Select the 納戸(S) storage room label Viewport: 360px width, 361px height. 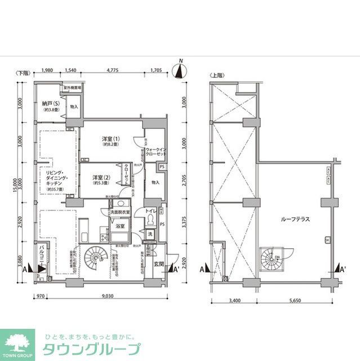click(51, 104)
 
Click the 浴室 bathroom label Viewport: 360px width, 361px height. click(120, 226)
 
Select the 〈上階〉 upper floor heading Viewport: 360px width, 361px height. click(217, 74)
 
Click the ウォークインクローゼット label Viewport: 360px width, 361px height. click(155, 151)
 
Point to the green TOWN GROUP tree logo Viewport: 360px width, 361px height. click(17, 341)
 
